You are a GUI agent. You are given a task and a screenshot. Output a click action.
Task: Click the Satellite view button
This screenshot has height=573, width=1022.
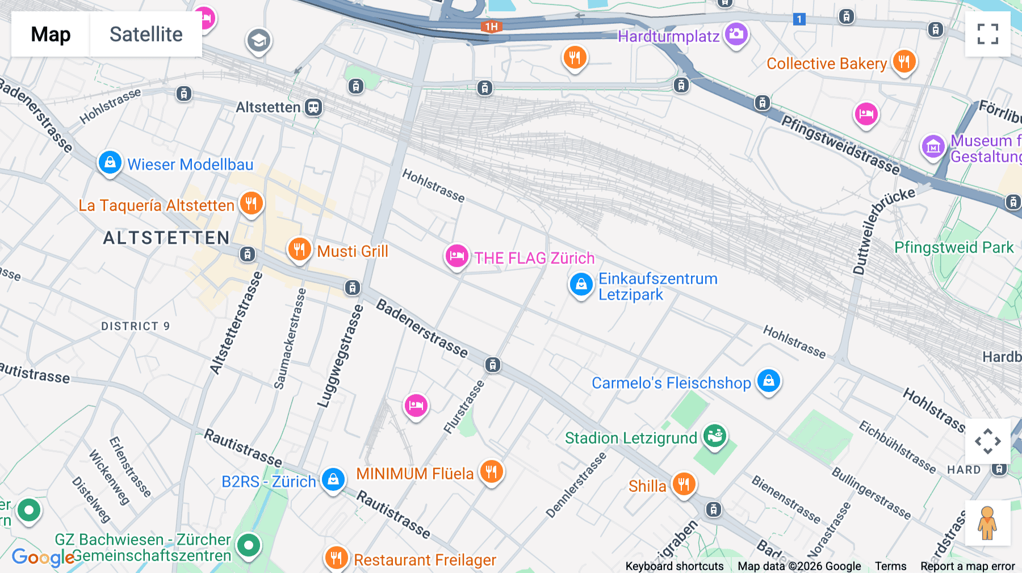coord(146,34)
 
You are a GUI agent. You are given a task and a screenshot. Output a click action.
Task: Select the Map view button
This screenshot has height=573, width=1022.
coord(51,34)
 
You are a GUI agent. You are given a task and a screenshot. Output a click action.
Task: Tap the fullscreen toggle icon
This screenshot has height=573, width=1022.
coord(987,34)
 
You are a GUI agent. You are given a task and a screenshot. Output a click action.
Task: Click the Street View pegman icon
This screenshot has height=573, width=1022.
coord(987,523)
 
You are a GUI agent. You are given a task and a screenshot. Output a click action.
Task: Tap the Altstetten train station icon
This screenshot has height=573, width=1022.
coord(313,107)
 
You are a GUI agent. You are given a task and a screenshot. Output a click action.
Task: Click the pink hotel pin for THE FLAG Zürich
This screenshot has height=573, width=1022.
coord(456,256)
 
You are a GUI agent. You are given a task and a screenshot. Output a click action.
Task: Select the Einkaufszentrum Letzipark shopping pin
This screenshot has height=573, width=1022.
coord(581,284)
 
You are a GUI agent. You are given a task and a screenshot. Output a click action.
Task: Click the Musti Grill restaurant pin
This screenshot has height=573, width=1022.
coord(299,249)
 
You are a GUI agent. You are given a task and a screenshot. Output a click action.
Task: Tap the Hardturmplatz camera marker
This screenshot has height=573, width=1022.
coord(736,34)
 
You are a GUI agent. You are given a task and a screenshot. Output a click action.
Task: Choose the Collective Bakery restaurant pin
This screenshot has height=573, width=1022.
coord(904,61)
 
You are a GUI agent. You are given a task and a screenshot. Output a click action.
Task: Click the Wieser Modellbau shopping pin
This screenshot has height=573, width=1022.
coord(110,163)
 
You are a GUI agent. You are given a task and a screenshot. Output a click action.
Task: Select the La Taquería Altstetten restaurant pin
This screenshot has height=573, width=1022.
coord(251,204)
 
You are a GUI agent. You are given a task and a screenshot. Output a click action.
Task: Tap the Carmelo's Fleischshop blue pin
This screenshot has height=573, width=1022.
coord(768,381)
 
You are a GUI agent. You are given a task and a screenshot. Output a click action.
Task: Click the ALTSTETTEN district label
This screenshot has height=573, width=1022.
coord(166,238)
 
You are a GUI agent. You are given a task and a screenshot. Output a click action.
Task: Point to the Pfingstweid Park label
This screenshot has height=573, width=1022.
coord(953,247)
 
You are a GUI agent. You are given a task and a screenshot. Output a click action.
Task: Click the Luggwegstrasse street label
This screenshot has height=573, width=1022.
coord(340,356)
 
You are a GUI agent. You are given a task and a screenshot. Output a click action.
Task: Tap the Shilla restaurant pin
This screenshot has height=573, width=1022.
coord(684,484)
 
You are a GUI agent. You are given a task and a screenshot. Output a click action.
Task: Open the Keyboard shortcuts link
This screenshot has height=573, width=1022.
coord(674,566)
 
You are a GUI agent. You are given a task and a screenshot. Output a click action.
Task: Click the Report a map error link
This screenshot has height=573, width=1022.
coord(967,566)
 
